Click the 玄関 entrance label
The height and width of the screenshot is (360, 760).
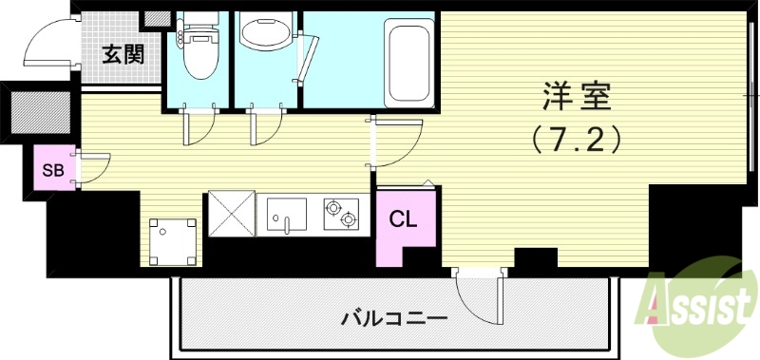click(x=123, y=54)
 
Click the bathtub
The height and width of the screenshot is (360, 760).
click(x=409, y=63)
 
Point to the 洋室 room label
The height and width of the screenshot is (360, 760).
click(x=576, y=97)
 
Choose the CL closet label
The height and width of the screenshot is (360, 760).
click(x=403, y=219)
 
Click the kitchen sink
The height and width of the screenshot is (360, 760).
click(x=289, y=215)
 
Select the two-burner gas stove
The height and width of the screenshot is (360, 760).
click(x=341, y=215)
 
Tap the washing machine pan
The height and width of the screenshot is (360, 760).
click(x=175, y=241)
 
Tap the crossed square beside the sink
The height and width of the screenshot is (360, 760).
click(x=231, y=214)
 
